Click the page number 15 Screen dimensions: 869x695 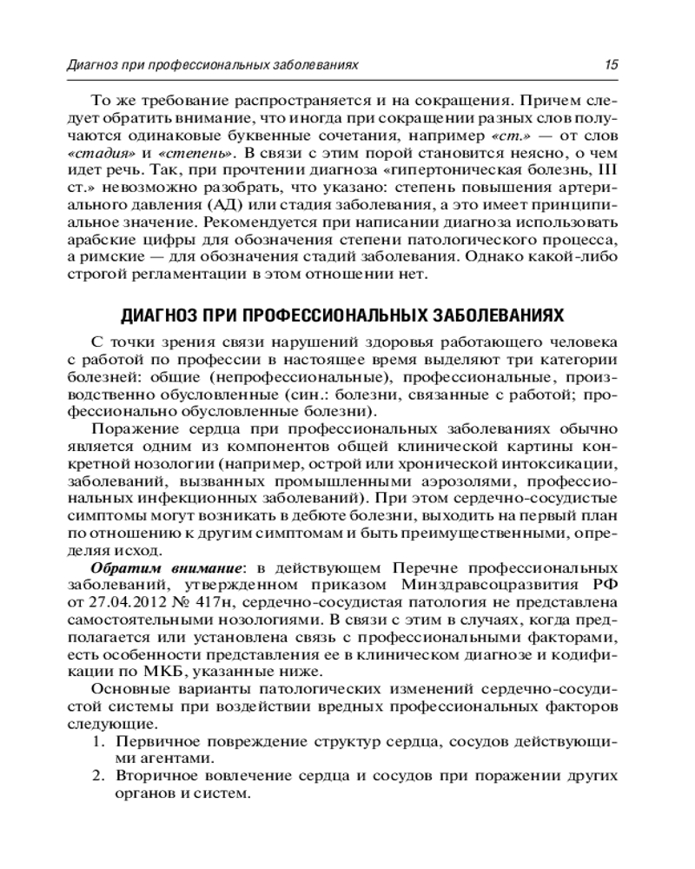pos(611,65)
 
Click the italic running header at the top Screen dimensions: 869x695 pos(213,65)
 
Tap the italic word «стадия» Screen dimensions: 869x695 pos(93,152)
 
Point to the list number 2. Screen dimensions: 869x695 pos(97,776)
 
